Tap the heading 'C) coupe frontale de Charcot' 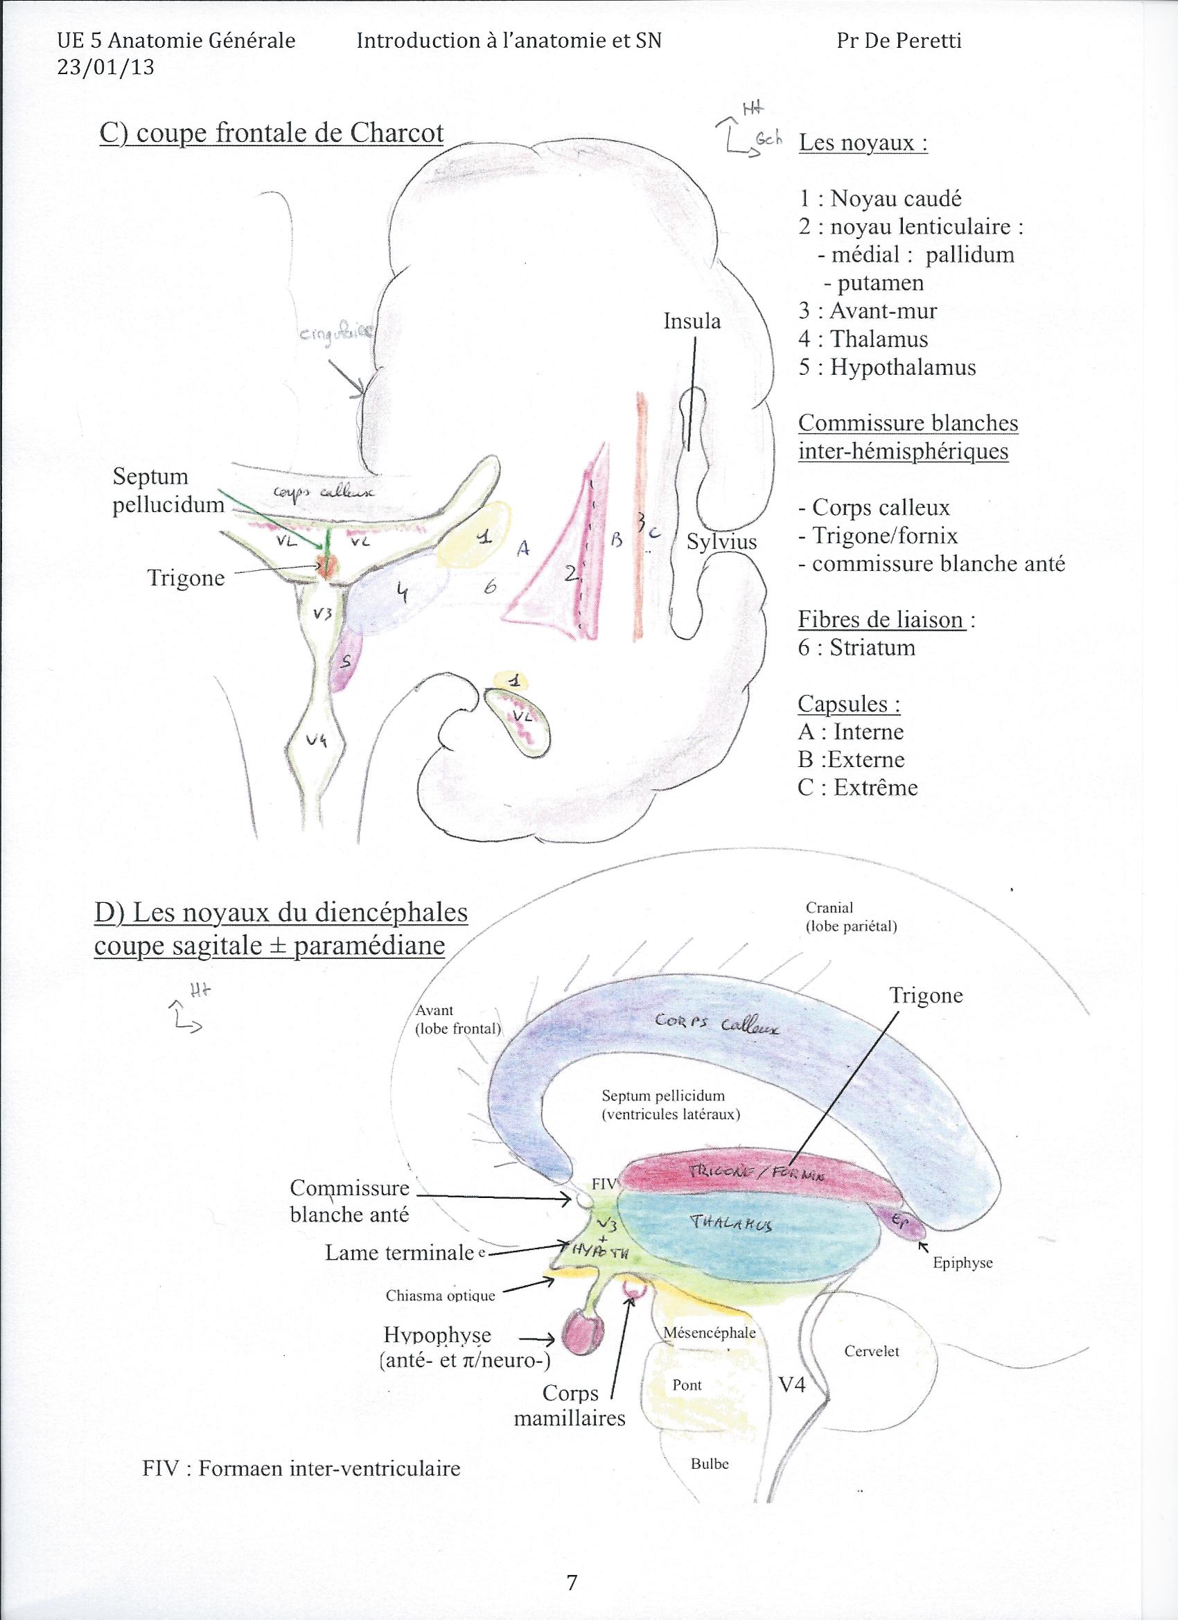272,134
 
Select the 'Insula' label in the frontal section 692,322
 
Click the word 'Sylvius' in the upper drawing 721,541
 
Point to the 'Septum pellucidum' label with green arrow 168,491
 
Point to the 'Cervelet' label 872,1352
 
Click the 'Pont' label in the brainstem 687,1385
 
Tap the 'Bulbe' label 710,1463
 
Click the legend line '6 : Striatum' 856,648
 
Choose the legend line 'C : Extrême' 857,787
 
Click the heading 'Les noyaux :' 863,143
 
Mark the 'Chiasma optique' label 440,1296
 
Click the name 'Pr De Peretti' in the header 899,41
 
